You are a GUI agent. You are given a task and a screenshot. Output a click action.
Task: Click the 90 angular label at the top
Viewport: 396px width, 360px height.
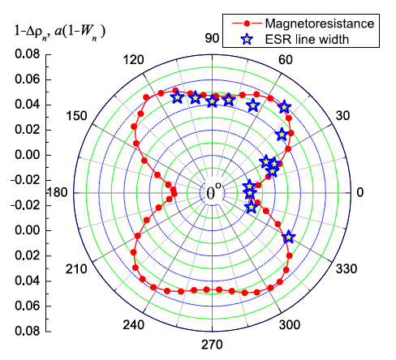coord(213,38)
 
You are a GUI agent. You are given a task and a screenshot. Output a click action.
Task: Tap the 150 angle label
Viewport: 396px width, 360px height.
coord(76,117)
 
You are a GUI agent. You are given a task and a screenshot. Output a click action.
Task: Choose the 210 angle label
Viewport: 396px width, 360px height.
coord(75,268)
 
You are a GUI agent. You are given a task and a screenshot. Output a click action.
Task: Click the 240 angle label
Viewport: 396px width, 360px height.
coord(133,325)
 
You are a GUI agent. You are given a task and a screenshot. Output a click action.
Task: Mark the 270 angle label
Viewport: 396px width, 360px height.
coord(213,345)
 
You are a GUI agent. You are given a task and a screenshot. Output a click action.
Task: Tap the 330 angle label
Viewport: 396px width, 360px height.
coord(347,268)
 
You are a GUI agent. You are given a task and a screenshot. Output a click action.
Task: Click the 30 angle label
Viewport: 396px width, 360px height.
coord(346,117)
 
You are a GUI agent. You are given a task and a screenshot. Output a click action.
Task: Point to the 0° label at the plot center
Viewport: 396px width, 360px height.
coord(213,193)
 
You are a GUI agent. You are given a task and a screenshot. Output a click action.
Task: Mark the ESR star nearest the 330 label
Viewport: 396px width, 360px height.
coord(288,237)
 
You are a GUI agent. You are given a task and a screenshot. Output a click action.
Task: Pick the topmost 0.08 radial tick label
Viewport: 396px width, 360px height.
coord(28,54)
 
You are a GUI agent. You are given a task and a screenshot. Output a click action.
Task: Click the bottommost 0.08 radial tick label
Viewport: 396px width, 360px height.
coord(28,331)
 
